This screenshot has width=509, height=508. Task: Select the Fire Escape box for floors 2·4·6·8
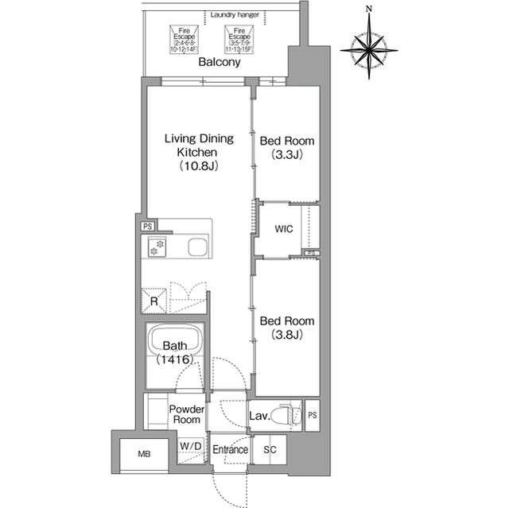coord(182,40)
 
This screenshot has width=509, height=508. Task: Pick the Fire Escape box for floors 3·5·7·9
coord(238,40)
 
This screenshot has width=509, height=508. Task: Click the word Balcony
coord(220,62)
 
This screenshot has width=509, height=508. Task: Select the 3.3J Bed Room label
coord(287,147)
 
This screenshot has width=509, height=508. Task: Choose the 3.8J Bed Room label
coord(287,328)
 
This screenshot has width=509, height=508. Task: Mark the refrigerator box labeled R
coord(153,300)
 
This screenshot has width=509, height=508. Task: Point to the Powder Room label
coord(187,414)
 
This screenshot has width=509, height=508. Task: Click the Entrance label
coord(230,450)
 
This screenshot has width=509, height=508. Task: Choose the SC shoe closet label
coord(270,450)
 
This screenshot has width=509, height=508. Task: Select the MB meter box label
coord(144,456)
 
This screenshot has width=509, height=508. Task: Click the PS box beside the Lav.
coord(313,415)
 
